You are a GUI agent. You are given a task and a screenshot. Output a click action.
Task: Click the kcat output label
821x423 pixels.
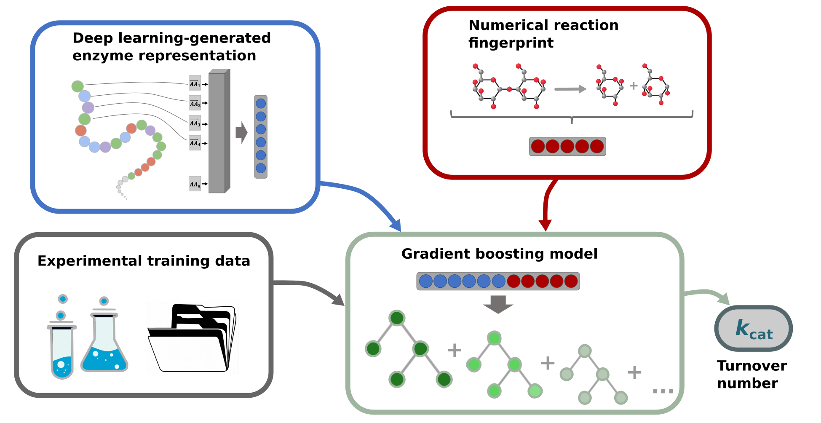tap(754, 329)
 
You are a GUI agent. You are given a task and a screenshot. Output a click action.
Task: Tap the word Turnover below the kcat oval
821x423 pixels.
tap(751, 366)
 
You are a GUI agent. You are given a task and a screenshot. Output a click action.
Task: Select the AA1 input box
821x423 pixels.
tap(195, 83)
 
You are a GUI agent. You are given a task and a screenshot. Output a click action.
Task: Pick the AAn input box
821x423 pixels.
tap(195, 184)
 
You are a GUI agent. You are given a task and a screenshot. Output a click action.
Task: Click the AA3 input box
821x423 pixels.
tap(195, 123)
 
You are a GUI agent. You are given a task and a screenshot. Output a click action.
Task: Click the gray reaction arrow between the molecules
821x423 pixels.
tap(570, 89)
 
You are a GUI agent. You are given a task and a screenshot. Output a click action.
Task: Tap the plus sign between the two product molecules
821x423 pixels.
tap(633, 86)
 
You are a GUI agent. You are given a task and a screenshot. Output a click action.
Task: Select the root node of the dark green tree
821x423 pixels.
tap(397, 318)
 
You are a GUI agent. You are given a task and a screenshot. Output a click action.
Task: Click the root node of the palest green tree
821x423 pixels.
tap(585, 351)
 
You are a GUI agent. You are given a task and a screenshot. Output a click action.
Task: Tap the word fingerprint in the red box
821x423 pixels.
tap(511, 43)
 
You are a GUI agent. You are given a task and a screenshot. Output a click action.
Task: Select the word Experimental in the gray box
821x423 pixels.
tap(90, 261)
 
